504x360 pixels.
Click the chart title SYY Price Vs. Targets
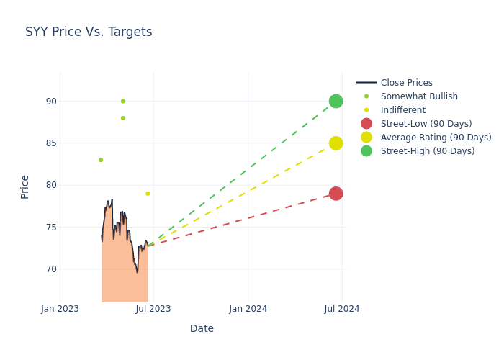click(89, 32)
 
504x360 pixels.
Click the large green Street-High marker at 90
click(336, 102)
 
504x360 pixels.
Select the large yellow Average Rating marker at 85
click(336, 143)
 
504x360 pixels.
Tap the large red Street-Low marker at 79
click(336, 194)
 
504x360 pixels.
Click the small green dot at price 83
click(101, 160)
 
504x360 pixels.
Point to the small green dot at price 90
click(123, 102)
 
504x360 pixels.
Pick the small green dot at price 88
click(123, 118)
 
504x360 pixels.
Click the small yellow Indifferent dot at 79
click(148, 194)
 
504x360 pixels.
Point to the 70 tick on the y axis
click(51, 269)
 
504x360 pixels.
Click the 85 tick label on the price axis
click(51, 143)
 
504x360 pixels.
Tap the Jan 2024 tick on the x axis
click(248, 309)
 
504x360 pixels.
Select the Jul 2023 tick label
click(153, 309)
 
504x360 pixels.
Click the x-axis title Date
click(202, 329)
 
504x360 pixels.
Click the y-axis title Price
click(25, 186)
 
